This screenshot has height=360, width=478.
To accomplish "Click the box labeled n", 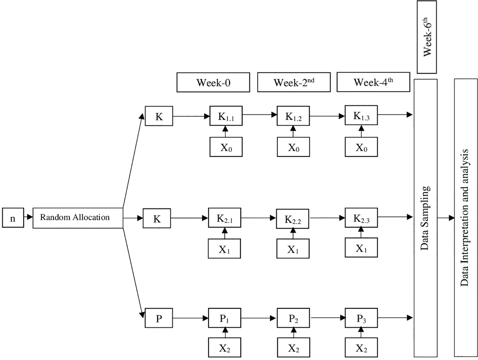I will (x=13, y=218).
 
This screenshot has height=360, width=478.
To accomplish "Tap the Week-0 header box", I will (x=213, y=83).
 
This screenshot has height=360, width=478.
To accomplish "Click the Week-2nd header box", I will (x=294, y=83).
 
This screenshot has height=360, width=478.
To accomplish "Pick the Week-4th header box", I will (x=373, y=82).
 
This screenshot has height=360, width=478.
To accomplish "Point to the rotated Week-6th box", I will (x=427, y=37).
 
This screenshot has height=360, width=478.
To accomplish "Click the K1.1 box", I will (x=226, y=116).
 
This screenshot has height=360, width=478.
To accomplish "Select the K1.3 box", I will (x=361, y=115).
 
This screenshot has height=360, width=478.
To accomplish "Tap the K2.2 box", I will (x=293, y=219).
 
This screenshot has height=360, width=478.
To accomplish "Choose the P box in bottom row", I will (x=159, y=318).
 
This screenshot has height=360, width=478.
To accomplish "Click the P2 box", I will (x=293, y=318).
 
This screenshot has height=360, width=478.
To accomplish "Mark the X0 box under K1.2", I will (x=293, y=147).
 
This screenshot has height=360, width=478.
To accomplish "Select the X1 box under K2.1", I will (x=224, y=249).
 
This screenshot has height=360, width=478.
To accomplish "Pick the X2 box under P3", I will (x=361, y=348).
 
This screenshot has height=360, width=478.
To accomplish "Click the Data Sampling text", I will (x=425, y=218).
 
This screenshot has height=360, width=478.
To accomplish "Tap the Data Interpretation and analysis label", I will (x=465, y=218).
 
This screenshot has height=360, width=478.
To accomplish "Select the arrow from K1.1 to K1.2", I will (x=259, y=115).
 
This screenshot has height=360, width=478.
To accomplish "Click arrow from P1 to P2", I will (x=258, y=318).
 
